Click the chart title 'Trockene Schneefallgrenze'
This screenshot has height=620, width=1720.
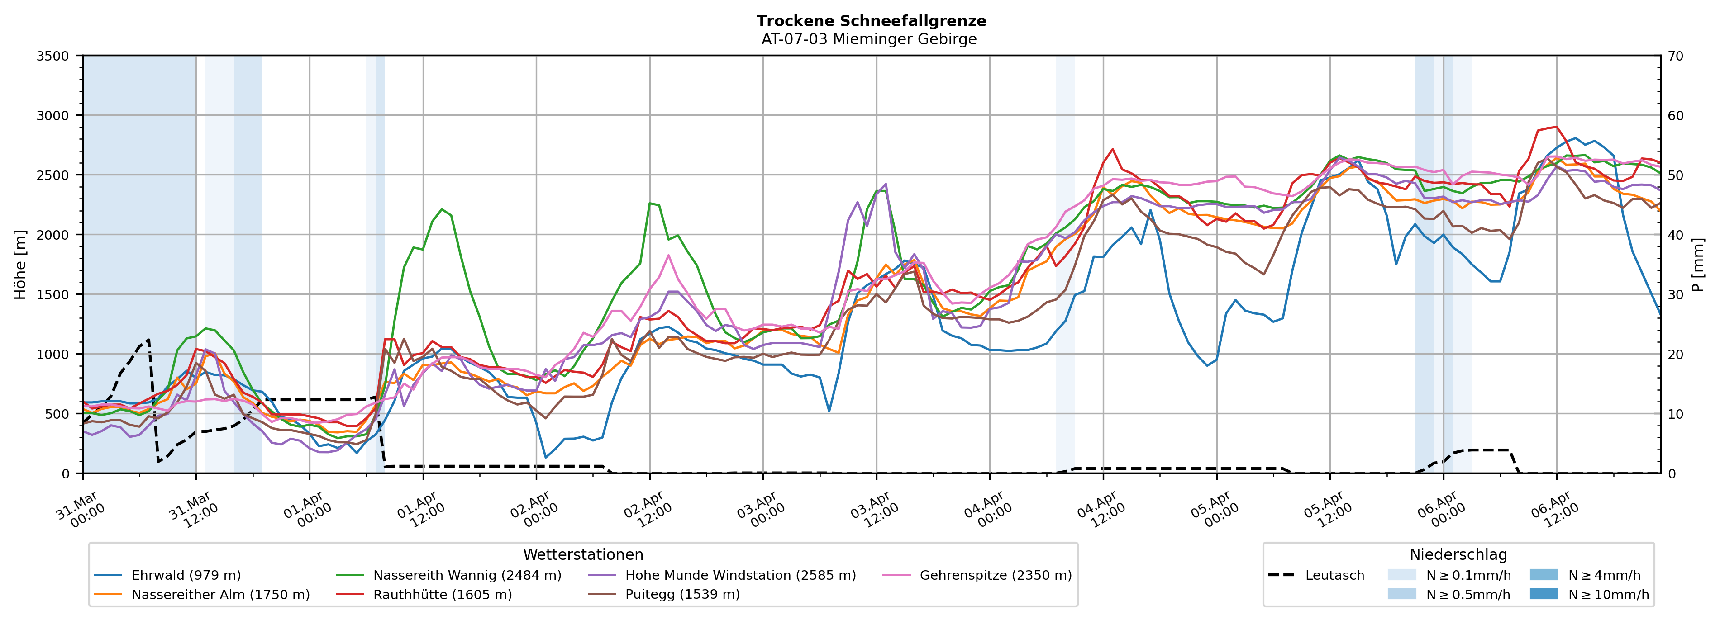pyautogui.click(x=871, y=21)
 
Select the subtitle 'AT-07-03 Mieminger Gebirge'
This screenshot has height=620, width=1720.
pyautogui.click(x=869, y=39)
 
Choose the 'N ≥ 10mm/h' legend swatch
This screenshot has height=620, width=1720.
pyautogui.click(x=1544, y=594)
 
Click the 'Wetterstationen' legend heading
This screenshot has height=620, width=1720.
pyautogui.click(x=583, y=554)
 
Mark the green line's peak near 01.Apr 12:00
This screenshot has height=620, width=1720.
pyautogui.click(x=442, y=209)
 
